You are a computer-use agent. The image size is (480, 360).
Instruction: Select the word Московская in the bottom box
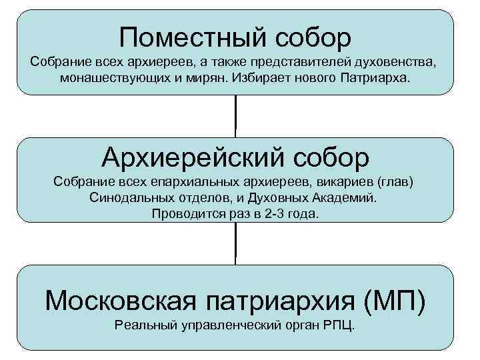[113, 301]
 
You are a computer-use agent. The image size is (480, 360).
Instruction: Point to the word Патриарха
[382, 78]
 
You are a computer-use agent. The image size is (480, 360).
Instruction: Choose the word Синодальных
[126, 198]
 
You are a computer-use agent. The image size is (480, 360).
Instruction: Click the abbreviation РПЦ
[337, 326]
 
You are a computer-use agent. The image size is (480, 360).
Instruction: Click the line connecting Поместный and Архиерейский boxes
[235, 116]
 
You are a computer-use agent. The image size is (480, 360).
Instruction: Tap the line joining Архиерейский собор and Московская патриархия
[235, 243]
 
